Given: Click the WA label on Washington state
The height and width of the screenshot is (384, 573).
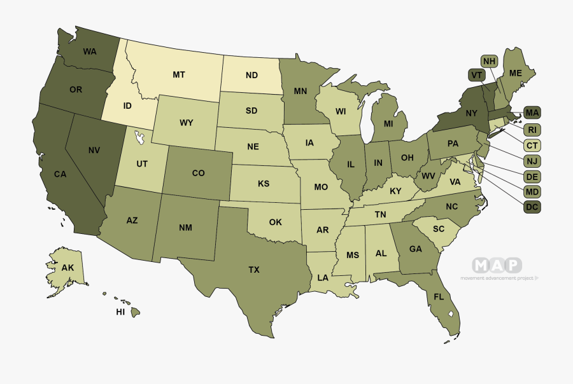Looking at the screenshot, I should [89, 51].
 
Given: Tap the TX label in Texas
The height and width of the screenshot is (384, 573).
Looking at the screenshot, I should [254, 270].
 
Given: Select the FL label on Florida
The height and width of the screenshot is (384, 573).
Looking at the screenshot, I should [439, 297].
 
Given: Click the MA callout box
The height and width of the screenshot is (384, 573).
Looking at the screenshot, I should [532, 113].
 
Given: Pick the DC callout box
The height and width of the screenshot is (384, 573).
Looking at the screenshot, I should [532, 207].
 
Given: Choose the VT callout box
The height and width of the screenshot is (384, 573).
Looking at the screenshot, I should [475, 75].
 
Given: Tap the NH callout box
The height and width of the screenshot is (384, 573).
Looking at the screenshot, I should [489, 61].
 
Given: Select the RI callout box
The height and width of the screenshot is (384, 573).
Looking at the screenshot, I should [532, 129].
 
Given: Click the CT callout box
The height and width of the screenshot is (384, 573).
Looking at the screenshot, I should [532, 145].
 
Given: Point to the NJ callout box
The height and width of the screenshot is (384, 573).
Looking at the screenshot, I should [532, 161].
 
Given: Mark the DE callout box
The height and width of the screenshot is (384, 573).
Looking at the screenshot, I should [532, 176].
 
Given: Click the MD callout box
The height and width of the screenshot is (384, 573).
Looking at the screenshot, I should [532, 191].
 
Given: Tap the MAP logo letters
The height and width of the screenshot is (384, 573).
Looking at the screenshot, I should [497, 265].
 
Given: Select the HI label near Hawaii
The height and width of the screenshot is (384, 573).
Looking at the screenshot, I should [120, 313].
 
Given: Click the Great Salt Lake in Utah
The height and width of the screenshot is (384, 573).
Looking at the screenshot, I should [138, 135].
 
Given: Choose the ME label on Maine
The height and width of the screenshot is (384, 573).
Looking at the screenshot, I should [516, 73].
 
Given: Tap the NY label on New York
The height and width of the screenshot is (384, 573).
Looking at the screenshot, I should [470, 113].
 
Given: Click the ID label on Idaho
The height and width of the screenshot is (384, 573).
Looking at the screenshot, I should [127, 105].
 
